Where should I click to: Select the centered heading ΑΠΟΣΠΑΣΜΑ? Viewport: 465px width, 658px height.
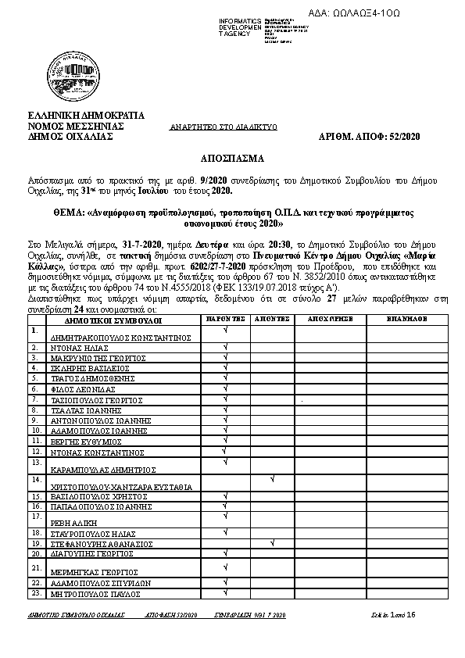(232, 157)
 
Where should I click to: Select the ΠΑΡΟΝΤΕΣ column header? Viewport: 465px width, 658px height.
(226, 320)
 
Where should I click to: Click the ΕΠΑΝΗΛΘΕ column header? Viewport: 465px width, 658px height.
(406, 320)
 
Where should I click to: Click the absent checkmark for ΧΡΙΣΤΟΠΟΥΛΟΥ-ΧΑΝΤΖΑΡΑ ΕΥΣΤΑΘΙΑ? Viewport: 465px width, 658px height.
(271, 477)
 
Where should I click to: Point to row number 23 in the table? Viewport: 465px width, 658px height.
(35, 593)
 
